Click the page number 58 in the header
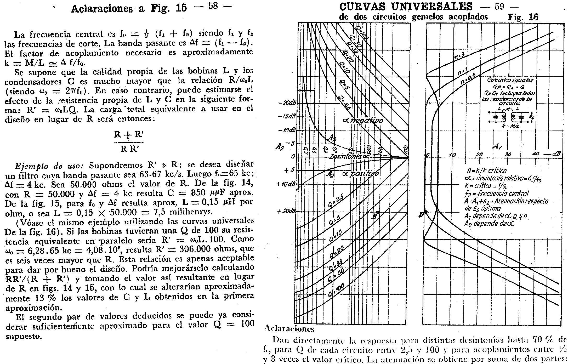213,6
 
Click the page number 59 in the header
499,7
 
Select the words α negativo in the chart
363,121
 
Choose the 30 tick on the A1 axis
508,154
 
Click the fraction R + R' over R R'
129,142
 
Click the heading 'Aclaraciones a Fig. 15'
129,8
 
